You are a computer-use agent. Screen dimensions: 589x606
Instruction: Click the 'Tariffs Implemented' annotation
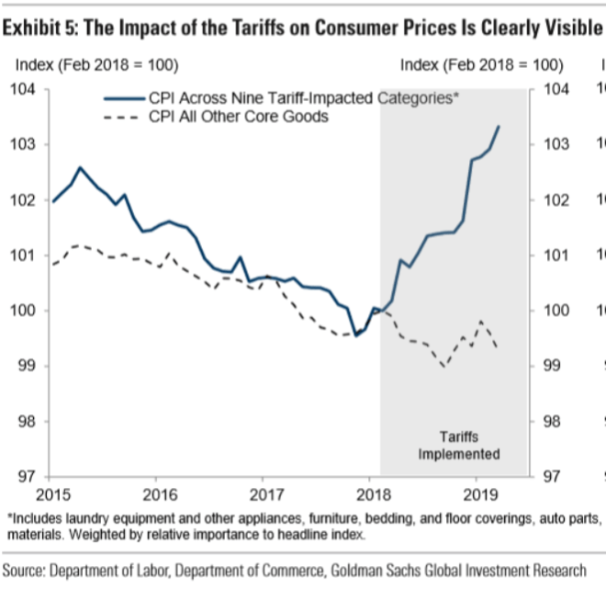(x=459, y=446)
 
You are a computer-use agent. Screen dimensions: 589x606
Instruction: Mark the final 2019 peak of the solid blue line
(x=499, y=126)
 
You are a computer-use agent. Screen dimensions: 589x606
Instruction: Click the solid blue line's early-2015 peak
(x=80, y=168)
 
